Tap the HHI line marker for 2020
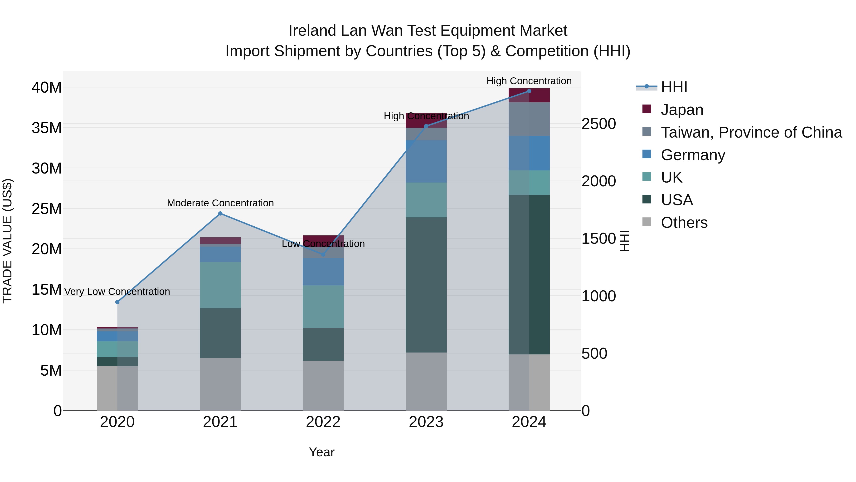pyautogui.click(x=117, y=302)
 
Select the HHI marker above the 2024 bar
pyautogui.click(x=529, y=91)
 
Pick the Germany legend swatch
pyautogui.click(x=647, y=154)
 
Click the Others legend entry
pyautogui.click(x=684, y=223)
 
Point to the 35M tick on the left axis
pyautogui.click(x=47, y=128)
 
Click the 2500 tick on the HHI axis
pyautogui.click(x=598, y=124)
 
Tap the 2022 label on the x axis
pyautogui.click(x=323, y=422)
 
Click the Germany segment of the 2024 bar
pyautogui.click(x=529, y=153)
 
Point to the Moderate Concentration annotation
pyautogui.click(x=220, y=203)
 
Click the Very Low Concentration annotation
pyautogui.click(x=117, y=292)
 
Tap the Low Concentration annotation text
pyautogui.click(x=323, y=244)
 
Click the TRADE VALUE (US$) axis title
pyautogui.click(x=7, y=241)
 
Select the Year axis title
pyautogui.click(x=321, y=452)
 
